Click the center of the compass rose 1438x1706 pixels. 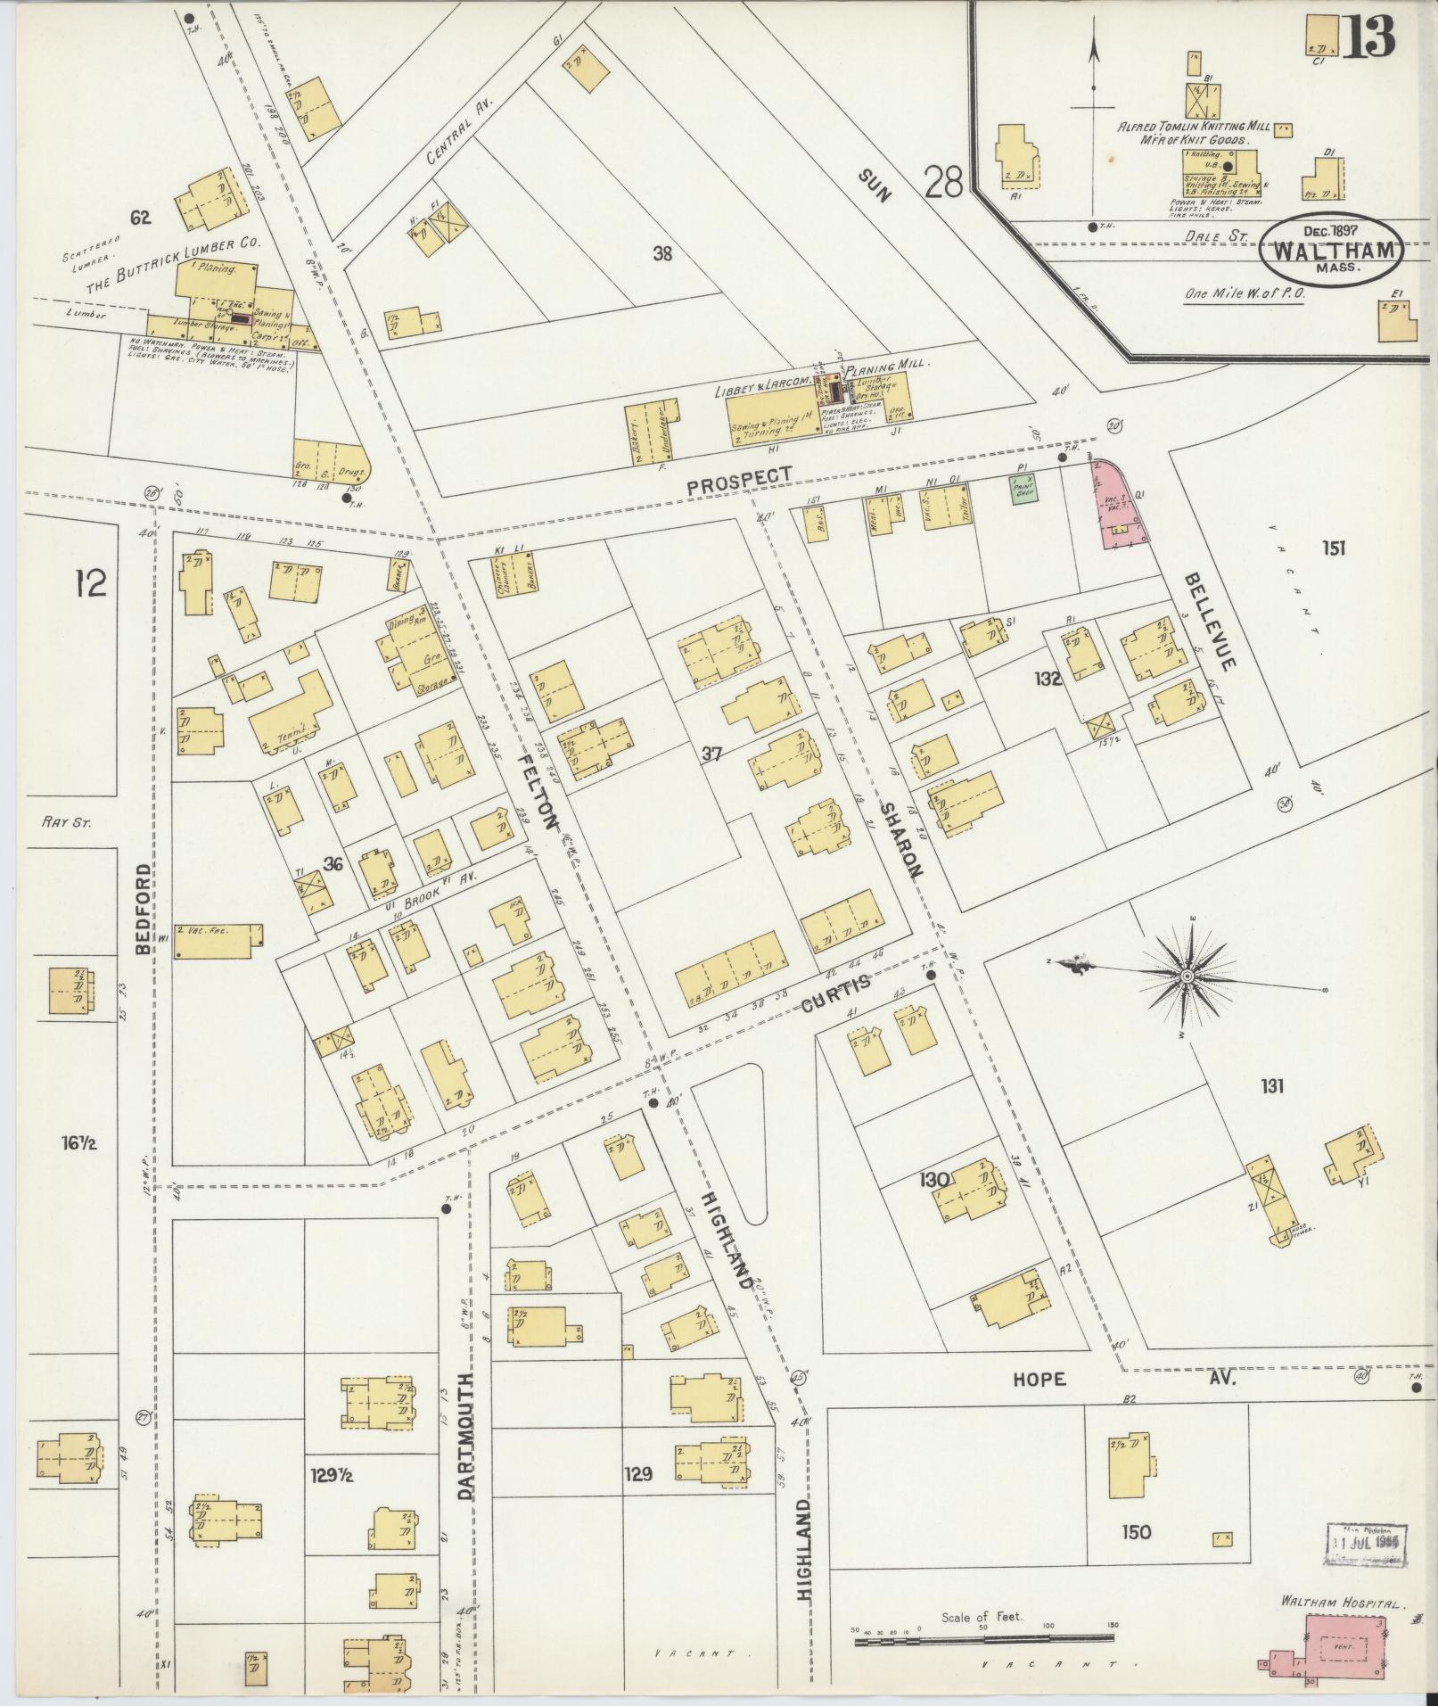1187,977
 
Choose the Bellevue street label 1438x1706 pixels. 1209,622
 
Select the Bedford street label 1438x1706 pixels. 144,908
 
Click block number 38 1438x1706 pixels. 661,254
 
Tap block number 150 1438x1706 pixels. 1137,1532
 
